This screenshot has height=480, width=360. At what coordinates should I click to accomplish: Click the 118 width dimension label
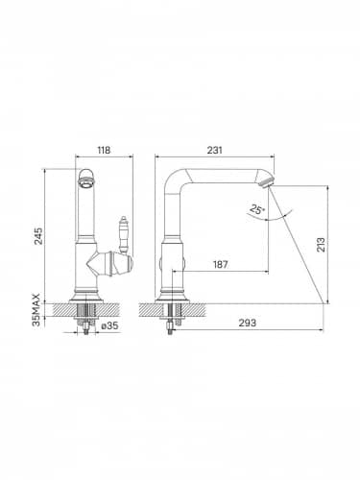[104, 150]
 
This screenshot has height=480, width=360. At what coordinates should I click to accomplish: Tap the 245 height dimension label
[38, 236]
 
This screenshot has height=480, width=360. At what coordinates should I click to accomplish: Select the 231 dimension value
[214, 150]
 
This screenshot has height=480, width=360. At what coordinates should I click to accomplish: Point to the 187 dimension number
[221, 264]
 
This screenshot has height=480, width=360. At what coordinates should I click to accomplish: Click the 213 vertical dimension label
[321, 245]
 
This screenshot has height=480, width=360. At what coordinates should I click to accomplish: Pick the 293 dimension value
[248, 323]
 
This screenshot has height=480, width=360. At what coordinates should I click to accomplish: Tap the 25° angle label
[257, 210]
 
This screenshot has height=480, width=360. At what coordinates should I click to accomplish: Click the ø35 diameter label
[109, 325]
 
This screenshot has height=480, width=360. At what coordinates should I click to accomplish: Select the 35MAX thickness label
[36, 309]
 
